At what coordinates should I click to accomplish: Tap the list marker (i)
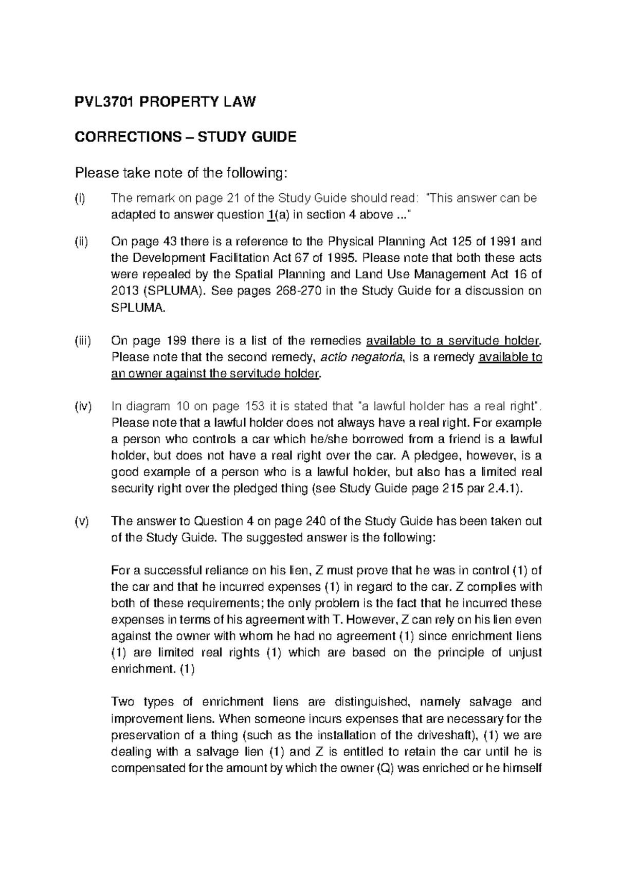(x=80, y=198)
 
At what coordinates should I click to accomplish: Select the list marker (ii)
(x=82, y=242)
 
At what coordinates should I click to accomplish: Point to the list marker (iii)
(x=83, y=340)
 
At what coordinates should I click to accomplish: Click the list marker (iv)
(x=83, y=406)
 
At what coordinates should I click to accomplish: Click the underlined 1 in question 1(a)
(x=270, y=215)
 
